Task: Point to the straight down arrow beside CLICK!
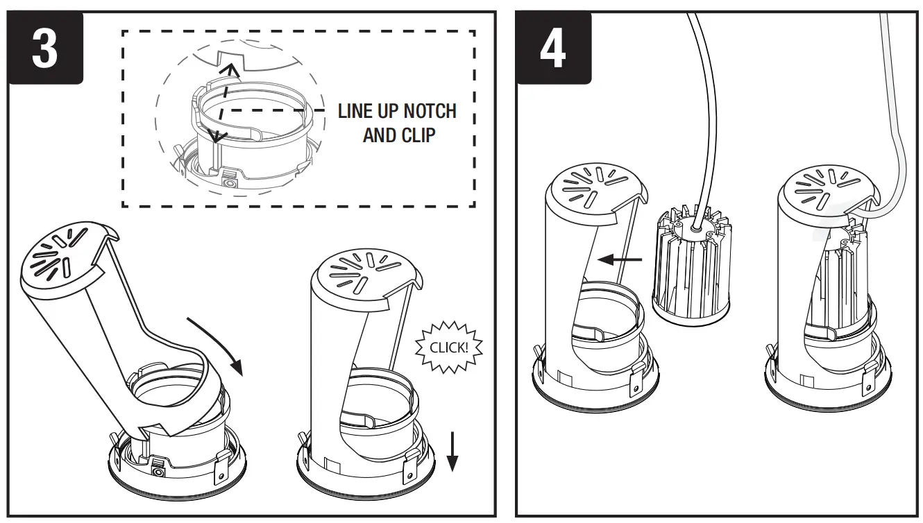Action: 452,451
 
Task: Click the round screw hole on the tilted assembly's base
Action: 159,471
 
